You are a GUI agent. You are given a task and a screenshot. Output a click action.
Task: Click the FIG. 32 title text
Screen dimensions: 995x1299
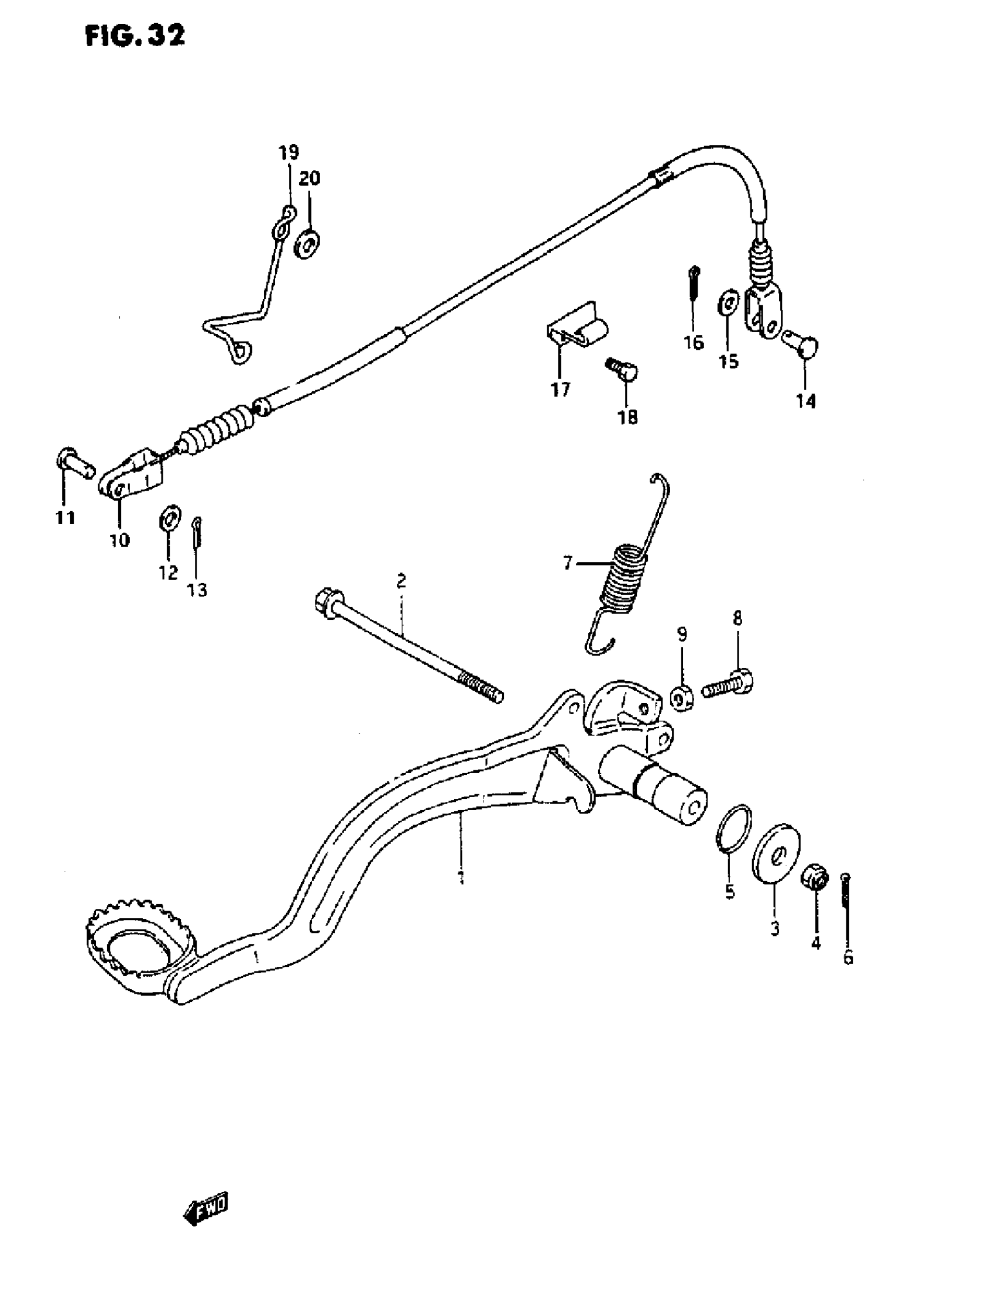(x=135, y=36)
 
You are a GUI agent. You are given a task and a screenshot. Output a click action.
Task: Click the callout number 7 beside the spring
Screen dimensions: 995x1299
(x=567, y=563)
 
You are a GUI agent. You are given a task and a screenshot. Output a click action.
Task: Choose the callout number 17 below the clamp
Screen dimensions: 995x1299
(x=560, y=390)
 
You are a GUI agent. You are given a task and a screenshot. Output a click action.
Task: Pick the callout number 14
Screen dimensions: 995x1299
(x=805, y=401)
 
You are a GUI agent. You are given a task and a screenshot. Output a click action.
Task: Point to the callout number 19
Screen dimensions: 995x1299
(x=289, y=153)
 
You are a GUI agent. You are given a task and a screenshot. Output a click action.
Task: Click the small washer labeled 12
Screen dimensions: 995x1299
(x=170, y=519)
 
